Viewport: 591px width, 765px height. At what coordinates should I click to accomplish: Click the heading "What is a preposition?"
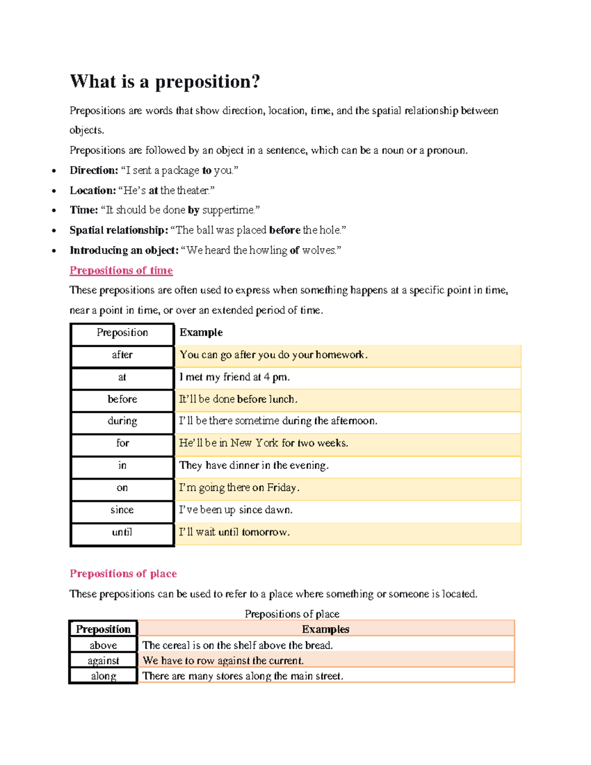click(x=164, y=81)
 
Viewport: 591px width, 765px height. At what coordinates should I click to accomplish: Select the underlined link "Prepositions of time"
click(x=121, y=270)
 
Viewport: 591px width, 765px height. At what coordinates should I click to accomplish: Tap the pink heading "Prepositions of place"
click(x=123, y=573)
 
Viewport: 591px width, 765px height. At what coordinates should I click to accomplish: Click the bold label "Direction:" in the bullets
click(x=94, y=170)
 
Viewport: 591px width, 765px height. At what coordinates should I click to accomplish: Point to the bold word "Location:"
click(x=93, y=190)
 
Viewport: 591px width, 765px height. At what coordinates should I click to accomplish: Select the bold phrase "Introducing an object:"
click(x=124, y=250)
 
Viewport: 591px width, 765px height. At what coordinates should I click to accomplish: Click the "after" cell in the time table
click(x=122, y=355)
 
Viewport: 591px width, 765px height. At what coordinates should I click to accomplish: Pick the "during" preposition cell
click(x=122, y=421)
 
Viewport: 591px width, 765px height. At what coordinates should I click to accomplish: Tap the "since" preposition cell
click(x=122, y=510)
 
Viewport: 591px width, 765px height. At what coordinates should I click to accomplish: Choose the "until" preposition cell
click(x=122, y=532)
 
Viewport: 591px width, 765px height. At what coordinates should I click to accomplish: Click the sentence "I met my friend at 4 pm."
click(x=234, y=377)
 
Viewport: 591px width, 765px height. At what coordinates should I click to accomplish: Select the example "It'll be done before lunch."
click(x=238, y=399)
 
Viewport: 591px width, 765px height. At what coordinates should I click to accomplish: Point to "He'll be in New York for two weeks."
click(x=263, y=443)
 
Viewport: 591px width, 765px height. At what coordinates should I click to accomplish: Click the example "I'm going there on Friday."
click(x=239, y=488)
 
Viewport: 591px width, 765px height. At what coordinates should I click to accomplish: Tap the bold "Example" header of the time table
click(x=201, y=333)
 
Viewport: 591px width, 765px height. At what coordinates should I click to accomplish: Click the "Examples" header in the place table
click(x=326, y=629)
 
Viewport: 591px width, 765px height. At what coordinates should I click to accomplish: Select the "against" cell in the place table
click(x=103, y=661)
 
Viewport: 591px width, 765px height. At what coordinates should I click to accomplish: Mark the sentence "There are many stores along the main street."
click(x=243, y=676)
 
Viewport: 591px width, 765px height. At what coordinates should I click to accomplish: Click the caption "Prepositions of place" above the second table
click(x=292, y=614)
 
